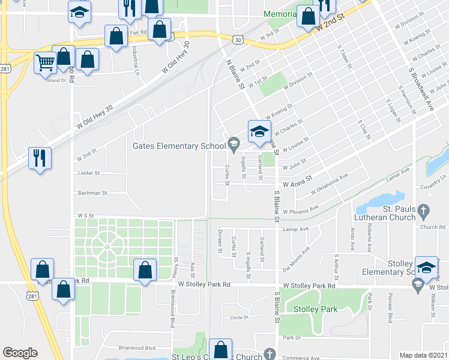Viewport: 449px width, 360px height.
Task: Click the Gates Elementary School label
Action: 179,146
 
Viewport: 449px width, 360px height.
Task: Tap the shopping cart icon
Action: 45,62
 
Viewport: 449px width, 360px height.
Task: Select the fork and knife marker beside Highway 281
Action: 40,158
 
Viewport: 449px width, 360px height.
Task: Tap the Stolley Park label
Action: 315,309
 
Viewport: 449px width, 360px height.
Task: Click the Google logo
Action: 20,353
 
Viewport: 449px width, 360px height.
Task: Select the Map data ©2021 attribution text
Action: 424,355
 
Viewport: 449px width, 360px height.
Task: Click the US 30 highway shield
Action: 239,40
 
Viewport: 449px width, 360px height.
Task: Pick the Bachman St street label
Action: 92,193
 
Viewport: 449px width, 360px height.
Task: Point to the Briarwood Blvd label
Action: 137,347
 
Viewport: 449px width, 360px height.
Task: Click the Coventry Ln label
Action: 435,187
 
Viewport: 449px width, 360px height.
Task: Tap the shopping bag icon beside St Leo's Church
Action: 221,349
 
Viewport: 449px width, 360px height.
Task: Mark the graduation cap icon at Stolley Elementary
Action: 426,267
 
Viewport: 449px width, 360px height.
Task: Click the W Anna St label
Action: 298,178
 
